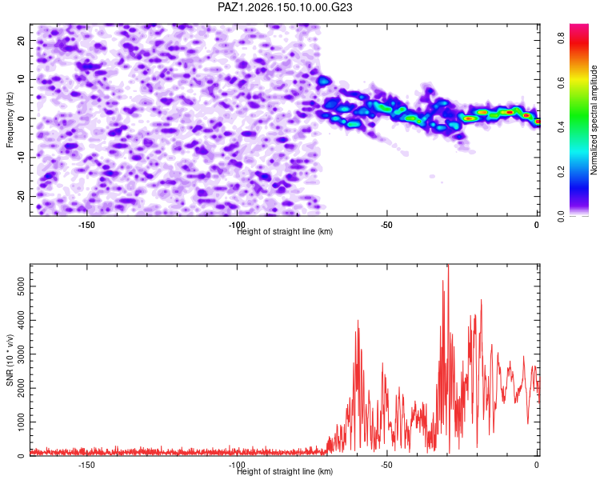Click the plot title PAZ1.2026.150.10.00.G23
click(285, 7)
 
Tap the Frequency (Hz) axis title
click(10, 120)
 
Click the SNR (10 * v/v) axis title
click(10, 360)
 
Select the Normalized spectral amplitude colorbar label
click(594, 120)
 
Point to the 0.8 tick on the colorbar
click(561, 38)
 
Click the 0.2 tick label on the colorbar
click(561, 172)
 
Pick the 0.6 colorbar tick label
click(561, 82)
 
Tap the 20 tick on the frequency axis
click(22, 40)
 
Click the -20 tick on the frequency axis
click(22, 196)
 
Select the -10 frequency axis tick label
click(22, 158)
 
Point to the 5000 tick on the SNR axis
click(22, 286)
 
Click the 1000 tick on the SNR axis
click(22, 422)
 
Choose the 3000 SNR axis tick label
click(22, 354)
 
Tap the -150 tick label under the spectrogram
click(86, 225)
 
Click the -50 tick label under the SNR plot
click(386, 465)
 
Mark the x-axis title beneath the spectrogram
click(285, 231)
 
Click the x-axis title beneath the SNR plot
click(285, 471)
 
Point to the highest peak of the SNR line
click(449, 265)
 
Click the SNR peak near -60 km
click(358, 320)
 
